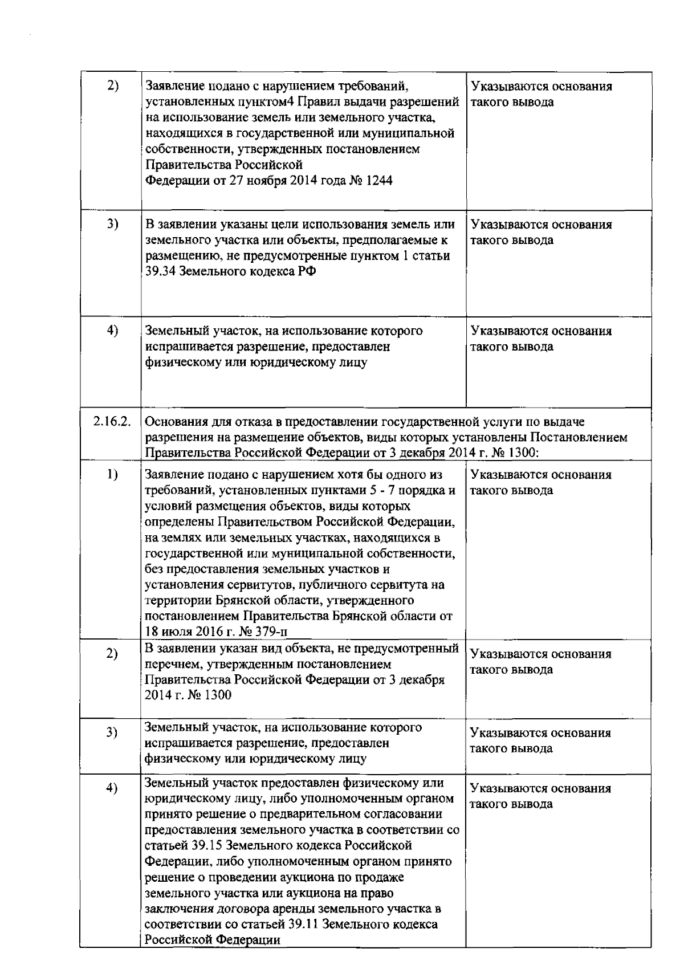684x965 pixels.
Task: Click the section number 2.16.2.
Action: tap(112, 422)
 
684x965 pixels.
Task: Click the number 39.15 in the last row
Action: tap(209, 845)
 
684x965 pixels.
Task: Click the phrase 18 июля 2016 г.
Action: tap(183, 632)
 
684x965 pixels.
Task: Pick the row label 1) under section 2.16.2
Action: tap(112, 475)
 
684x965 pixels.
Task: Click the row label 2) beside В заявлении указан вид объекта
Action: tap(112, 654)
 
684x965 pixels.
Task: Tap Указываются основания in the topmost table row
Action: tap(541, 87)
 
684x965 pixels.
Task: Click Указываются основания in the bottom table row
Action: tap(540, 788)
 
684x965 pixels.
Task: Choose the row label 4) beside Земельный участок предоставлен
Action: tap(112, 788)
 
